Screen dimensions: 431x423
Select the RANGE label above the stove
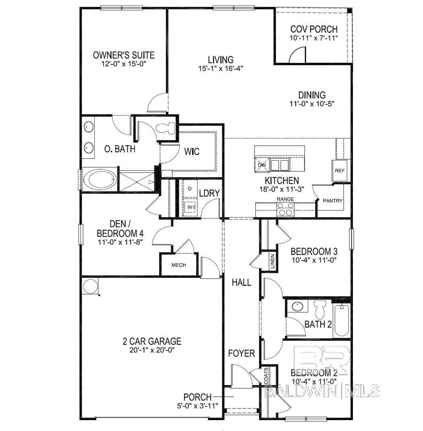pos(285,199)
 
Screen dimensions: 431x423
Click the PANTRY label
pos(333,201)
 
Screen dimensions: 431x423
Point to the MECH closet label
pos(178,265)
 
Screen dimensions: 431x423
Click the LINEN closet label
pos(273,261)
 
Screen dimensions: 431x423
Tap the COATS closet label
pos(266,376)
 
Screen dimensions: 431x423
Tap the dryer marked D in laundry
pos(190,189)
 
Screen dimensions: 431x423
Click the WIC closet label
pos(192,152)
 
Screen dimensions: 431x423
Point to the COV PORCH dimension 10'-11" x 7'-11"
pos(313,38)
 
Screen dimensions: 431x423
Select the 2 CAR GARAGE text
pos(152,342)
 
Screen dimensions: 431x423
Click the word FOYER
pos(241,354)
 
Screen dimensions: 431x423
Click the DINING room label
pos(312,95)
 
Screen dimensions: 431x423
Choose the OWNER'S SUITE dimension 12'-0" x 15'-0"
pos(124,64)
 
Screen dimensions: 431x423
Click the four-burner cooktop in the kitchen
pos(285,210)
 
